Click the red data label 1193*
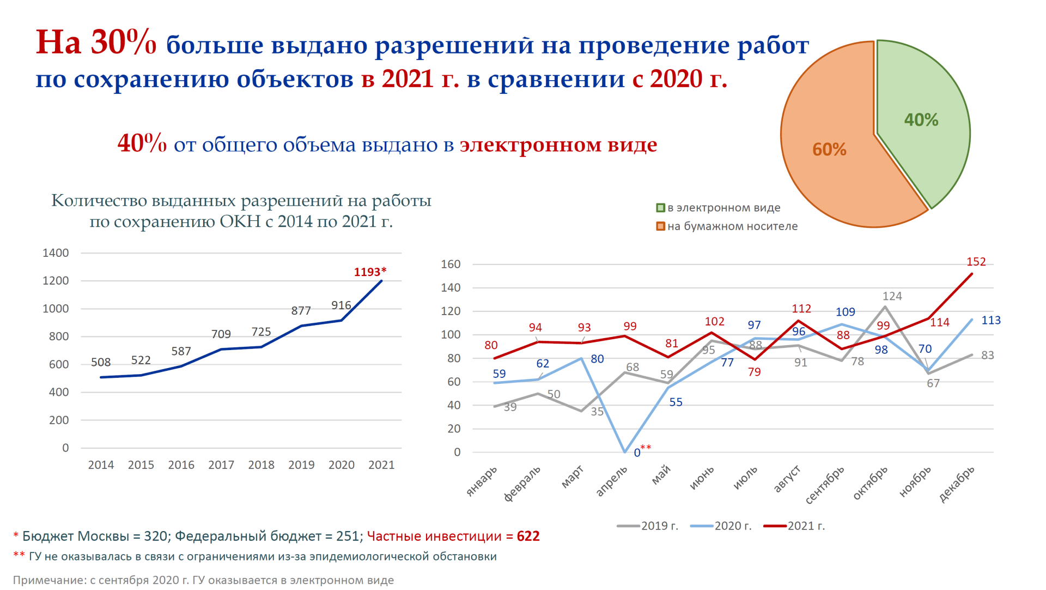click(370, 272)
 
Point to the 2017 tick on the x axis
click(221, 465)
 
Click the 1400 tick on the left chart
click(56, 253)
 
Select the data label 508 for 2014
click(101, 363)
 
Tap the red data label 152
click(976, 262)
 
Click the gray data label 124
click(892, 296)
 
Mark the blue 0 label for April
click(637, 453)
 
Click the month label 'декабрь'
click(957, 484)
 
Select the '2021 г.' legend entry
click(806, 526)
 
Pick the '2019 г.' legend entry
click(659, 526)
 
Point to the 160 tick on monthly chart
click(451, 264)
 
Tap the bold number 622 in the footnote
click(528, 537)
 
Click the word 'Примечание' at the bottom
click(48, 580)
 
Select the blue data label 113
click(990, 321)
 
